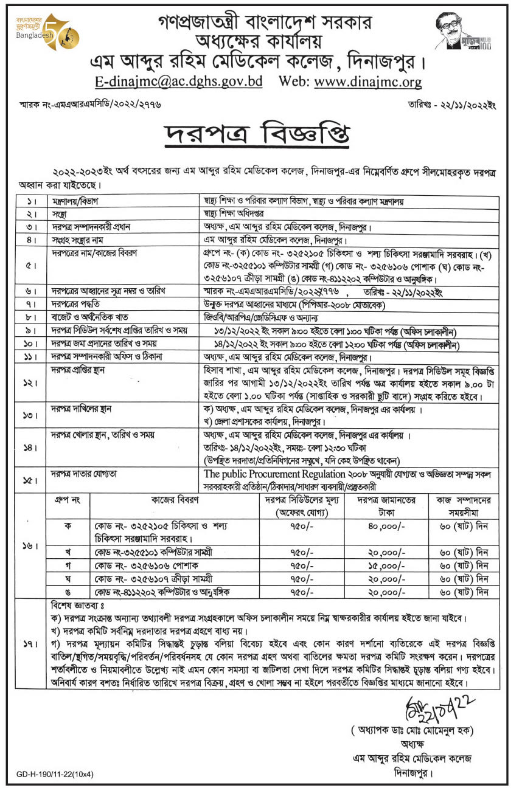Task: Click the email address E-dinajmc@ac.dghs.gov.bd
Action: (178, 81)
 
